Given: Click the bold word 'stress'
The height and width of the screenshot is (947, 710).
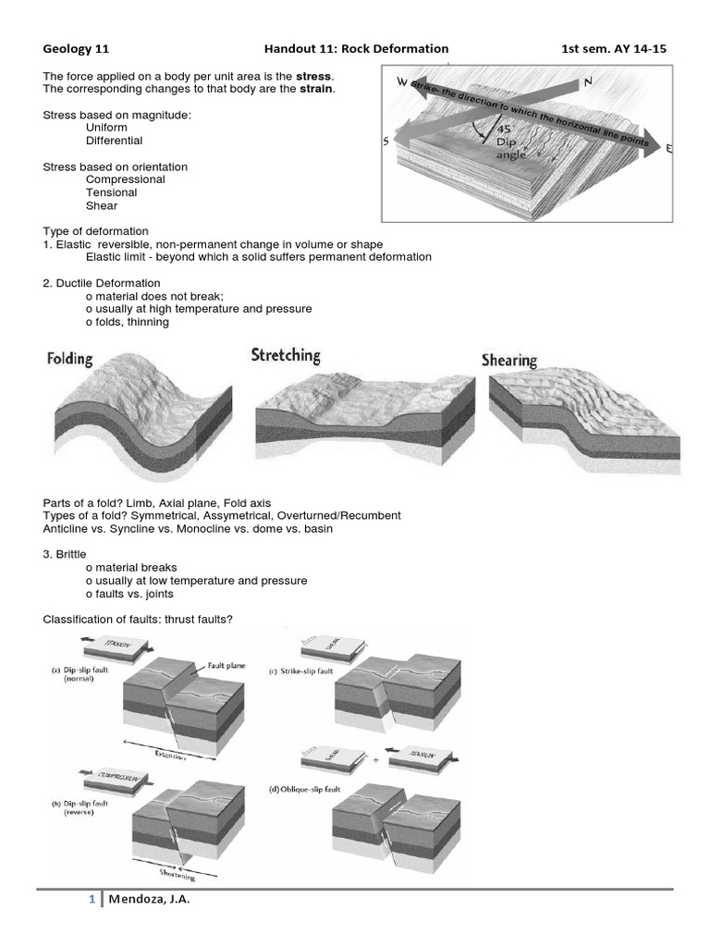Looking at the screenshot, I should tap(314, 75).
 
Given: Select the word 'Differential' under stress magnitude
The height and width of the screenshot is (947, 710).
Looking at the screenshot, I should tap(114, 141).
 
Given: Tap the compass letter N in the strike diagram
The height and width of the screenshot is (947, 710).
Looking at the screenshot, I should tap(586, 83).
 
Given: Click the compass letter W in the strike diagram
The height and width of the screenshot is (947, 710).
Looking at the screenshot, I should tap(402, 82).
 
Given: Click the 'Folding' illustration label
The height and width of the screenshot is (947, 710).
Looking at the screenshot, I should tap(69, 359).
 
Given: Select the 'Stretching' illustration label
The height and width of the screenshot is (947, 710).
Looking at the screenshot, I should tap(286, 355).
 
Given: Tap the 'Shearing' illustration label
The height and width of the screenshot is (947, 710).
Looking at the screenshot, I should tap(508, 360).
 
